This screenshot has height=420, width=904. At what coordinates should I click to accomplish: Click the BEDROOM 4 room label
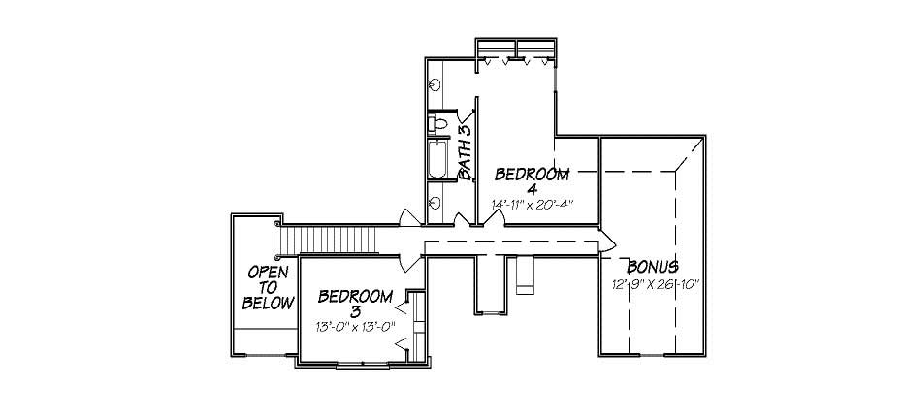click(x=531, y=175)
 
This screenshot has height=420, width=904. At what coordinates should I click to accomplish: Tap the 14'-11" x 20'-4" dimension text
click(x=533, y=205)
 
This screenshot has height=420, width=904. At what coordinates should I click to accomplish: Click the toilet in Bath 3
click(x=438, y=124)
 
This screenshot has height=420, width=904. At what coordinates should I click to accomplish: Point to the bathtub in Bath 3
click(x=438, y=161)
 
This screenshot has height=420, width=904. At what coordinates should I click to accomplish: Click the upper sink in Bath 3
click(x=435, y=85)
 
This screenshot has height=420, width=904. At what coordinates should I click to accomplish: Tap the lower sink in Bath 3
click(x=435, y=203)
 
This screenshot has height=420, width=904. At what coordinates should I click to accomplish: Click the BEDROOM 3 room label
click(x=355, y=297)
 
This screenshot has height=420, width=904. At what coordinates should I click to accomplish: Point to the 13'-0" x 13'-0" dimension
click(x=356, y=327)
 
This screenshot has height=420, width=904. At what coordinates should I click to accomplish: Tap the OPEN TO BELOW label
click(x=268, y=287)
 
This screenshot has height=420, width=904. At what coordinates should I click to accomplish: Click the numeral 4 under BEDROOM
click(x=533, y=190)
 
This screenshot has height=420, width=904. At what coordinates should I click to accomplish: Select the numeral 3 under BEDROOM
click(x=355, y=311)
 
